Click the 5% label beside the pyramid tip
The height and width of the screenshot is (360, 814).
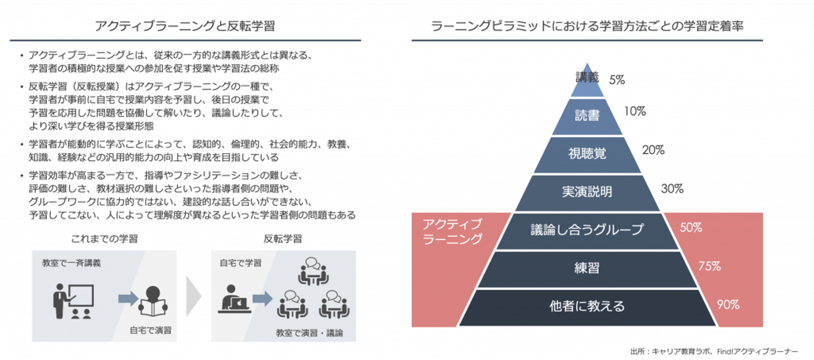[617, 80]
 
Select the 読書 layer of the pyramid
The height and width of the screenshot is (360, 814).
[587, 116]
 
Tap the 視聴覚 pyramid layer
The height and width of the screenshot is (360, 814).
[587, 154]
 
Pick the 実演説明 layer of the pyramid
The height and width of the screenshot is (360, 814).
[587, 193]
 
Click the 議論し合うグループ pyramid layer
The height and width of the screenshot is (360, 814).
[587, 231]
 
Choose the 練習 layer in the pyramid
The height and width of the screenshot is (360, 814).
[587, 269]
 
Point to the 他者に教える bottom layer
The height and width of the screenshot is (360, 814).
[587, 307]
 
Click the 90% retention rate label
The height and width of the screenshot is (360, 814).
[728, 305]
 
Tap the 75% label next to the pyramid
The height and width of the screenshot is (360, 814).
[709, 266]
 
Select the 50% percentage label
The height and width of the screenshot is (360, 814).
[691, 228]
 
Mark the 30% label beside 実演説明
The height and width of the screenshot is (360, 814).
[672, 189]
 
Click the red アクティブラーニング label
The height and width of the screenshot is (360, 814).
[452, 231]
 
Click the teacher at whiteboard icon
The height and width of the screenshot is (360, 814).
[73, 301]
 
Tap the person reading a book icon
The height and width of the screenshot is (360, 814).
[153, 301]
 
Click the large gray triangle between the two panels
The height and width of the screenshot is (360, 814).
[193, 296]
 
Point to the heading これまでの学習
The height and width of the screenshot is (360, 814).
[104, 238]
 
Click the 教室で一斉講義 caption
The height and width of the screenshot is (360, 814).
[71, 263]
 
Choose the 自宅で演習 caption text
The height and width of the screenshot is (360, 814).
[150, 330]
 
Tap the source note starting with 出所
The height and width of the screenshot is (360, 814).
[714, 352]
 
